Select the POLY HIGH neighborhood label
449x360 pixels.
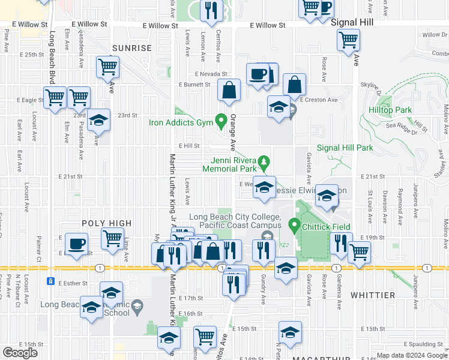[106, 223]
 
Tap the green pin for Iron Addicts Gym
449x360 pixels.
[221, 119]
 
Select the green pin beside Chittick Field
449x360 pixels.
[294, 226]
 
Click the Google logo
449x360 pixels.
[20, 353]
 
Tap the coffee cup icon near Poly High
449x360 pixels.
[76, 243]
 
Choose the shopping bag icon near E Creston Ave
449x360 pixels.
[294, 84]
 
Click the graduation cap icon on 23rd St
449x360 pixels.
[99, 120]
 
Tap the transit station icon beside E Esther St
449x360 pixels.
[51, 281]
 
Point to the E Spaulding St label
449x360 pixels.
[424, 344]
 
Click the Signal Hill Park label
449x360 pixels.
[345, 148]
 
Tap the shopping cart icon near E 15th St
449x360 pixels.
[205, 336]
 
